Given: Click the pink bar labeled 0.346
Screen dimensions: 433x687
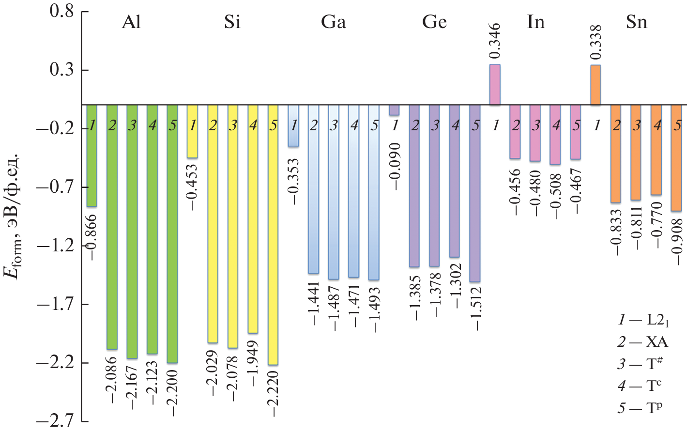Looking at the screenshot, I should click(x=495, y=85).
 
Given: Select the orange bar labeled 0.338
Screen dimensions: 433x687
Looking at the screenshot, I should click(x=595, y=85).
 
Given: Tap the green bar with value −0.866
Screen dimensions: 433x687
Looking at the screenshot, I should click(x=92, y=155).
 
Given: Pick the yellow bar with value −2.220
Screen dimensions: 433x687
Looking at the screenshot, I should click(x=273, y=234).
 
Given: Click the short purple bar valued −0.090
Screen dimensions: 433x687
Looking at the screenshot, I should click(x=394, y=110).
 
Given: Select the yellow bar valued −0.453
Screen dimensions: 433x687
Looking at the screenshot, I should click(x=192, y=131).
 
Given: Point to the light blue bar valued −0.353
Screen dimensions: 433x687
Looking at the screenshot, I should click(x=293, y=125).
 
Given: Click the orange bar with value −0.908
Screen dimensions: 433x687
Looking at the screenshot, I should click(x=676, y=158).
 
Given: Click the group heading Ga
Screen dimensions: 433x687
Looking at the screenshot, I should click(x=334, y=22).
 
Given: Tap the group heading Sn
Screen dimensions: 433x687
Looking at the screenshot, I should click(x=636, y=22).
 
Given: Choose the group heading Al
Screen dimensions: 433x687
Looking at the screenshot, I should click(x=131, y=22).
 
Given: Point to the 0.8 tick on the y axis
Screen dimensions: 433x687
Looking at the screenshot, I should click(x=62, y=11).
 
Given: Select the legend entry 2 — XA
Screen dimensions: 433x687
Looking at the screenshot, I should click(x=642, y=342).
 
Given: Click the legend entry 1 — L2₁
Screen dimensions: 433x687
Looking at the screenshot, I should click(x=642, y=320).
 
